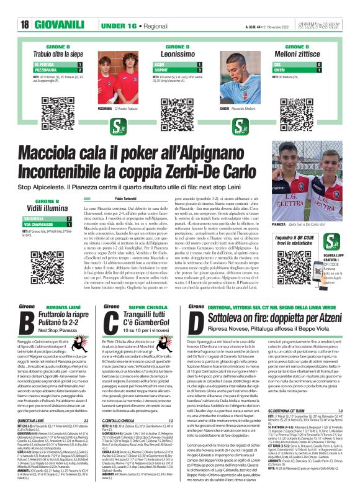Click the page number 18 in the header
(25, 25)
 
